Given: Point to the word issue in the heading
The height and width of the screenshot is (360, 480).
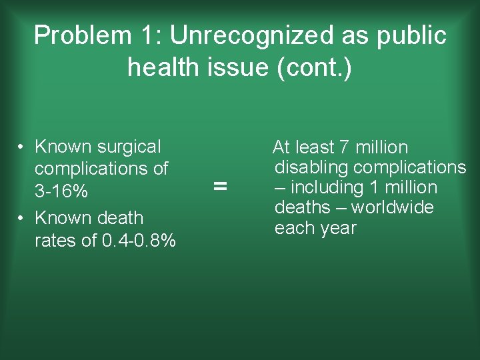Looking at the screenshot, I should [x=239, y=67].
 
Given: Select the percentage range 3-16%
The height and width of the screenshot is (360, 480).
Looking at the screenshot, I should [x=61, y=192].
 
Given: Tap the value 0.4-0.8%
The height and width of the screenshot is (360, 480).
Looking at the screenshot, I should [x=139, y=241].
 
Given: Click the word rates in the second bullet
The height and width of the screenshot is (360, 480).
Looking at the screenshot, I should [x=56, y=241].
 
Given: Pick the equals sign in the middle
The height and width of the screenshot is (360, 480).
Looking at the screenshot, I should [x=220, y=187].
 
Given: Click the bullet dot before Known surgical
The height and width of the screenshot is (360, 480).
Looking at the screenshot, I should [x=22, y=147].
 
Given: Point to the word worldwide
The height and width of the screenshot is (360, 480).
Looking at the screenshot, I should [x=393, y=208].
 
